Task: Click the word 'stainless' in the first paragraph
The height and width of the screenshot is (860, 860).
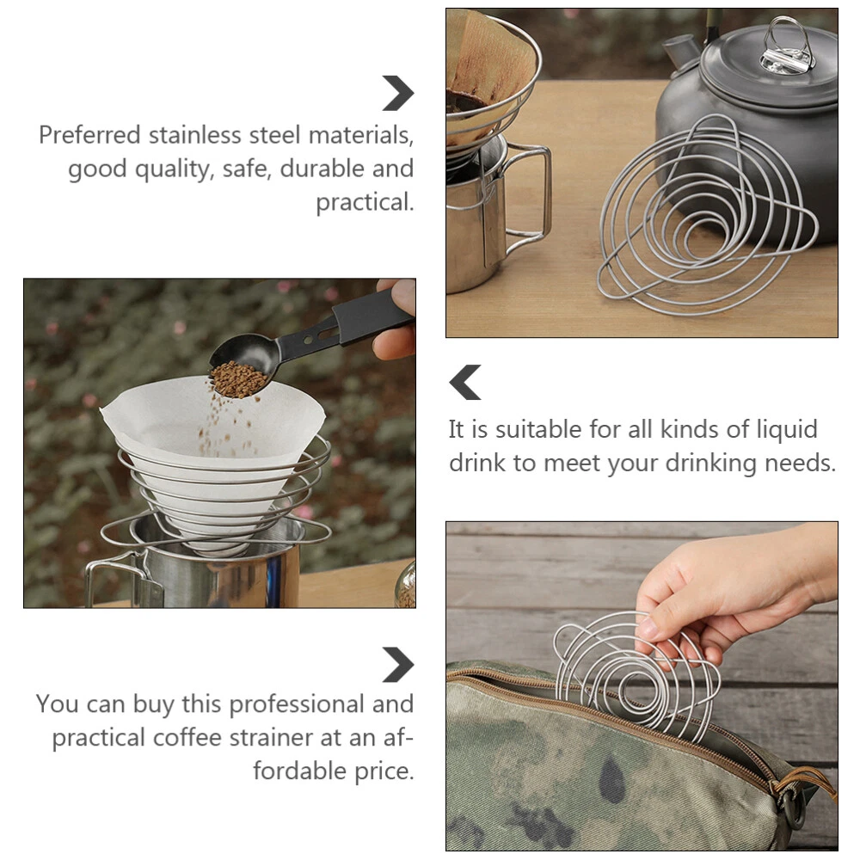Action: coord(194,135)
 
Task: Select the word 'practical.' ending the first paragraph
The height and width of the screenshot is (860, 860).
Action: coord(365,202)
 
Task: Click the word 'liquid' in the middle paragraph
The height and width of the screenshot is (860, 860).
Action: coord(787,429)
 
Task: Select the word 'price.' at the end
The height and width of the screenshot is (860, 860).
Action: coord(384,771)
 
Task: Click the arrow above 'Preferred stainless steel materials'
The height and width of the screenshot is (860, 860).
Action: coord(397,93)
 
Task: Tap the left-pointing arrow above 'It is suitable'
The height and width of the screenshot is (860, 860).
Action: coord(465,383)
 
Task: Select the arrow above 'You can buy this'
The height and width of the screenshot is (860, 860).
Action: coord(397,665)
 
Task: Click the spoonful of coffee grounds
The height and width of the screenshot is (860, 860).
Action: coord(239,379)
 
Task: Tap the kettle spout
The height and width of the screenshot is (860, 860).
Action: coord(680,51)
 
